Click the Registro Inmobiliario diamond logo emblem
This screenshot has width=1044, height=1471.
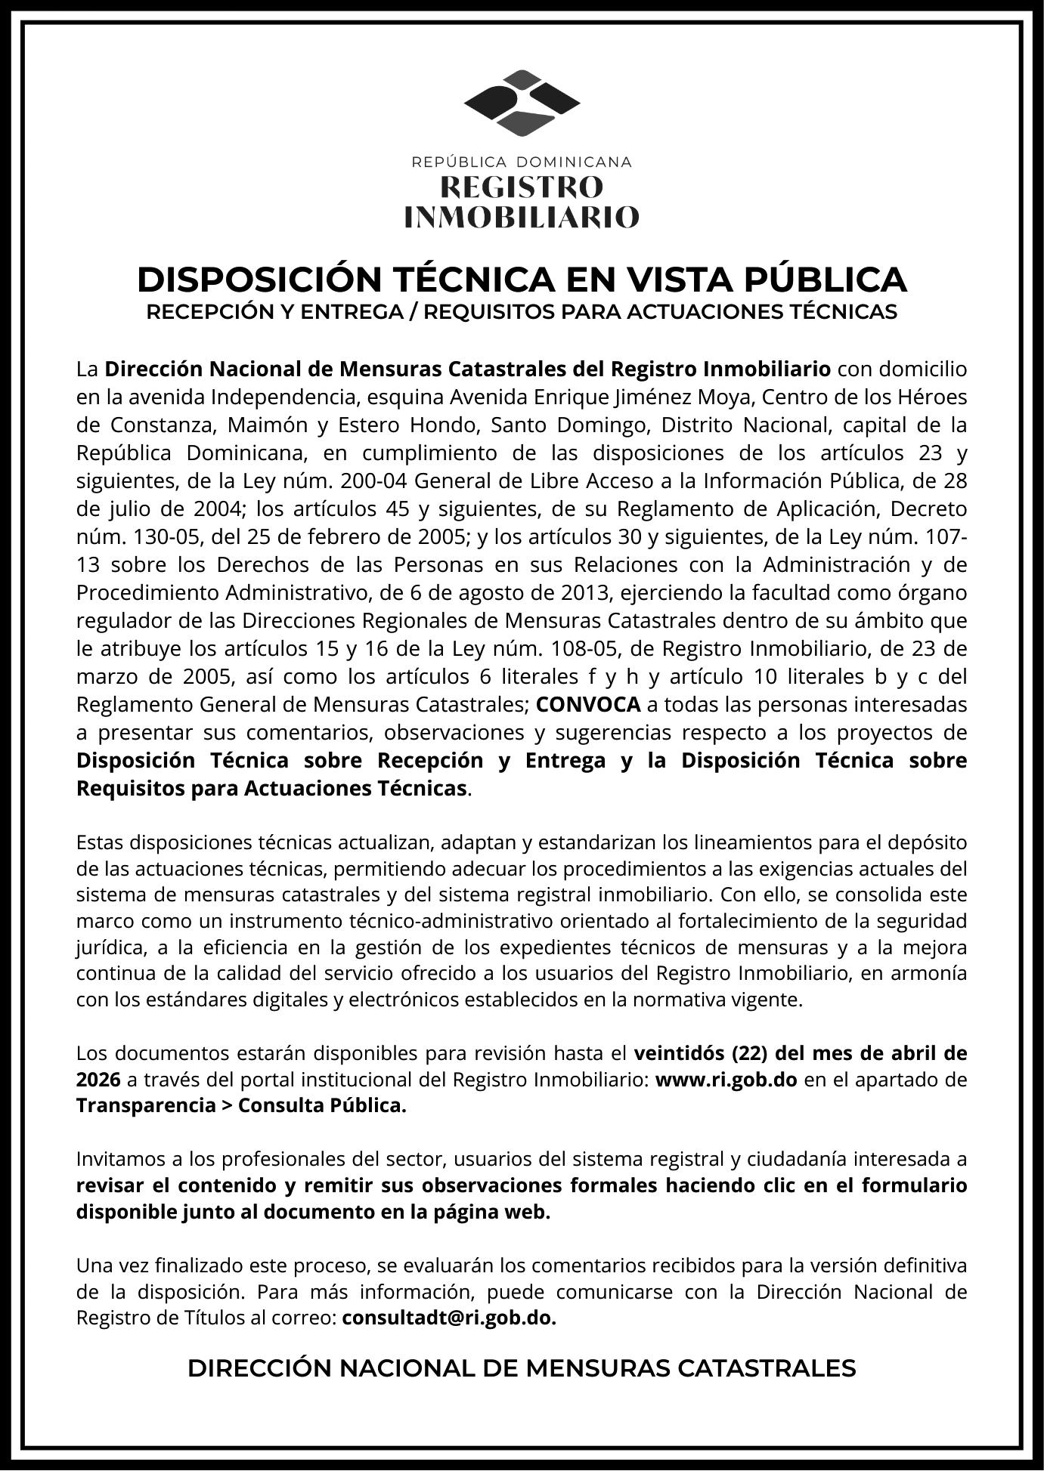tap(522, 104)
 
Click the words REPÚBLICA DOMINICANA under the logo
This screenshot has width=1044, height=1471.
tap(522, 162)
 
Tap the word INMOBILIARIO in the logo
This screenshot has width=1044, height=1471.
tap(522, 217)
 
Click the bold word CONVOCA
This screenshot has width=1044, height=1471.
tap(588, 705)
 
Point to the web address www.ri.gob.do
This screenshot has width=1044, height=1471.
tap(726, 1080)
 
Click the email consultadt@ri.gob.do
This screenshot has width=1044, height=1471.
tap(449, 1318)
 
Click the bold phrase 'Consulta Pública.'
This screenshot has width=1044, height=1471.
tap(322, 1105)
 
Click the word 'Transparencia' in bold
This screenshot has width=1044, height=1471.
tap(146, 1105)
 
